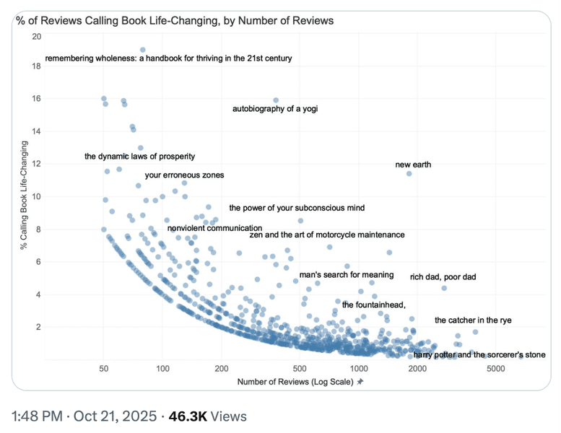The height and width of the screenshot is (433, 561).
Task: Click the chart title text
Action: pos(175,20)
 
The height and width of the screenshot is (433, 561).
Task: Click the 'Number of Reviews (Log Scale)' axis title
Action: pos(295,381)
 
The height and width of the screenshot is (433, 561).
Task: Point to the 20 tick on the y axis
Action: pos(36,34)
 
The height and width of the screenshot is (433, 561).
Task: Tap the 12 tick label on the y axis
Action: pos(36,164)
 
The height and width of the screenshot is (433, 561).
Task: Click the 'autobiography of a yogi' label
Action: pos(274,109)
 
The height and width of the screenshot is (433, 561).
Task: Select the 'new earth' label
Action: pos(413,165)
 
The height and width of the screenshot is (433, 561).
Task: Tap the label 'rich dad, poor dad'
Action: pos(443,276)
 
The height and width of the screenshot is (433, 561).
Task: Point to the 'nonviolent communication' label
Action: pos(214,228)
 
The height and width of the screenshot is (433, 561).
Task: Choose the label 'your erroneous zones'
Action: pos(184,175)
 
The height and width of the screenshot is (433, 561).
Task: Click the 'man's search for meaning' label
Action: pos(346,274)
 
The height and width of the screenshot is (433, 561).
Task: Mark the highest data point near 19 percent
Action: pos(143,50)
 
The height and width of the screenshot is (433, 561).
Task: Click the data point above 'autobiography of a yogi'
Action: pos(276,100)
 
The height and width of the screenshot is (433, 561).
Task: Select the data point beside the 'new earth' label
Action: pos(409,173)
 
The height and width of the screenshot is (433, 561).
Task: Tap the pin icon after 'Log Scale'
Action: pos(360,381)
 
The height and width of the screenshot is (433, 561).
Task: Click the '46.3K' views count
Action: pos(185,416)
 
